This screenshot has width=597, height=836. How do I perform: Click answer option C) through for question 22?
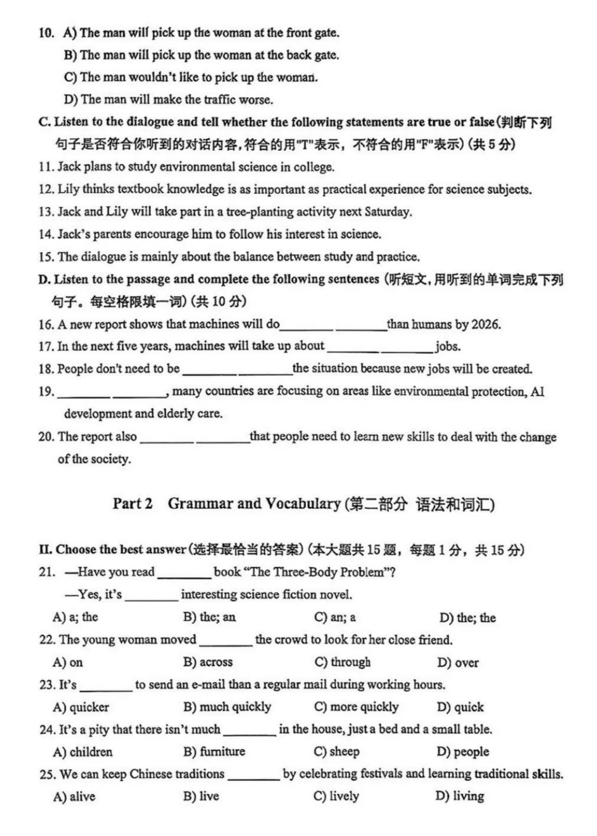pos(342,662)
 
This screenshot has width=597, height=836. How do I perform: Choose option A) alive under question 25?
pos(74,796)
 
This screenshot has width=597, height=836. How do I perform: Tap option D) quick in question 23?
pos(460,707)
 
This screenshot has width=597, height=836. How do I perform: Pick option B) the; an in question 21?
pos(210,617)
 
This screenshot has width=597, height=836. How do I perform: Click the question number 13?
pos(46,212)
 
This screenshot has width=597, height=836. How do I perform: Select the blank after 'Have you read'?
pos(184,573)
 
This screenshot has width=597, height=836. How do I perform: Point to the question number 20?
pos(46,437)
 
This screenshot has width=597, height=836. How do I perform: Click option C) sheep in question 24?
pos(337,751)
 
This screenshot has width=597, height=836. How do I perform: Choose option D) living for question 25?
pos(460,796)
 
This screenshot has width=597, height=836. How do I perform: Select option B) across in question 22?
pos(208,662)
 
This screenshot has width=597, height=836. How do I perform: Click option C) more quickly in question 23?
pos(356,707)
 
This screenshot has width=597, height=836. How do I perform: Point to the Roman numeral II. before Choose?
pos(45,550)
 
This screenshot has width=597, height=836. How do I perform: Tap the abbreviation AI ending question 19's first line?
pos(537,392)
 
